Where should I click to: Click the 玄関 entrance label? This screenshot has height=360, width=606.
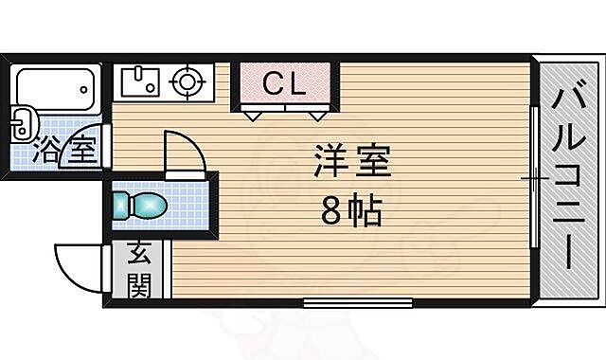click(139, 270)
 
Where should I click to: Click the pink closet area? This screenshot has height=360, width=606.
click(284, 85)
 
